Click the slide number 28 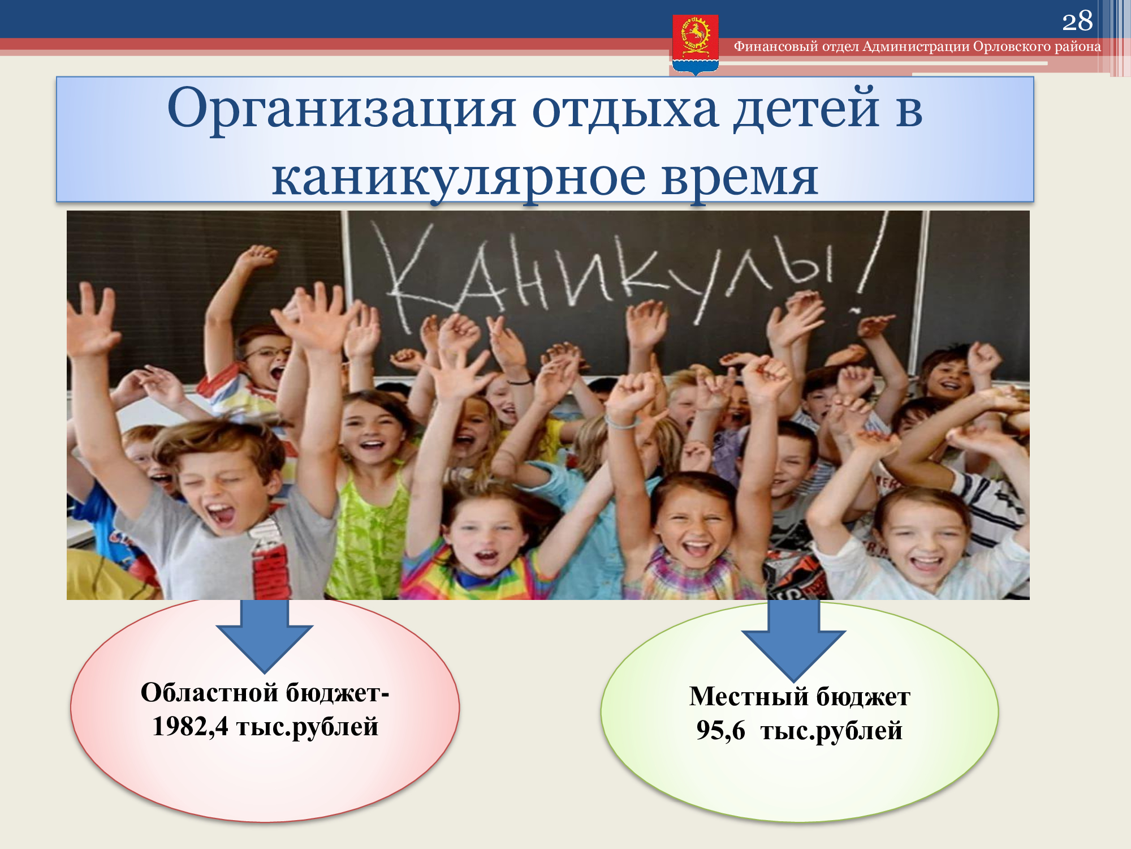pos(1077,22)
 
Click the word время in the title pos(740,179)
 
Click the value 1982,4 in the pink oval pos(190,726)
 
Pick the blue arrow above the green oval pos(793,640)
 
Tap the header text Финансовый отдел pos(796,46)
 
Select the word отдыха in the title pos(625,109)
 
